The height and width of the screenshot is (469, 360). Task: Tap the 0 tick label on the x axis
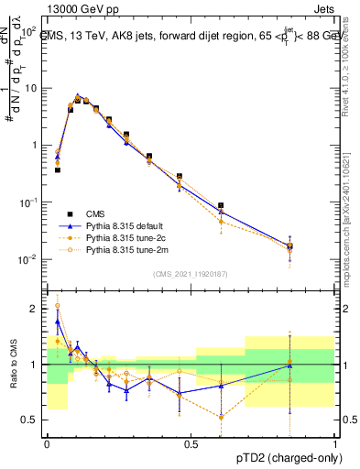click(x=46, y=442)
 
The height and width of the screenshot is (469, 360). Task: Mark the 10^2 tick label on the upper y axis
click(x=29, y=30)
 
